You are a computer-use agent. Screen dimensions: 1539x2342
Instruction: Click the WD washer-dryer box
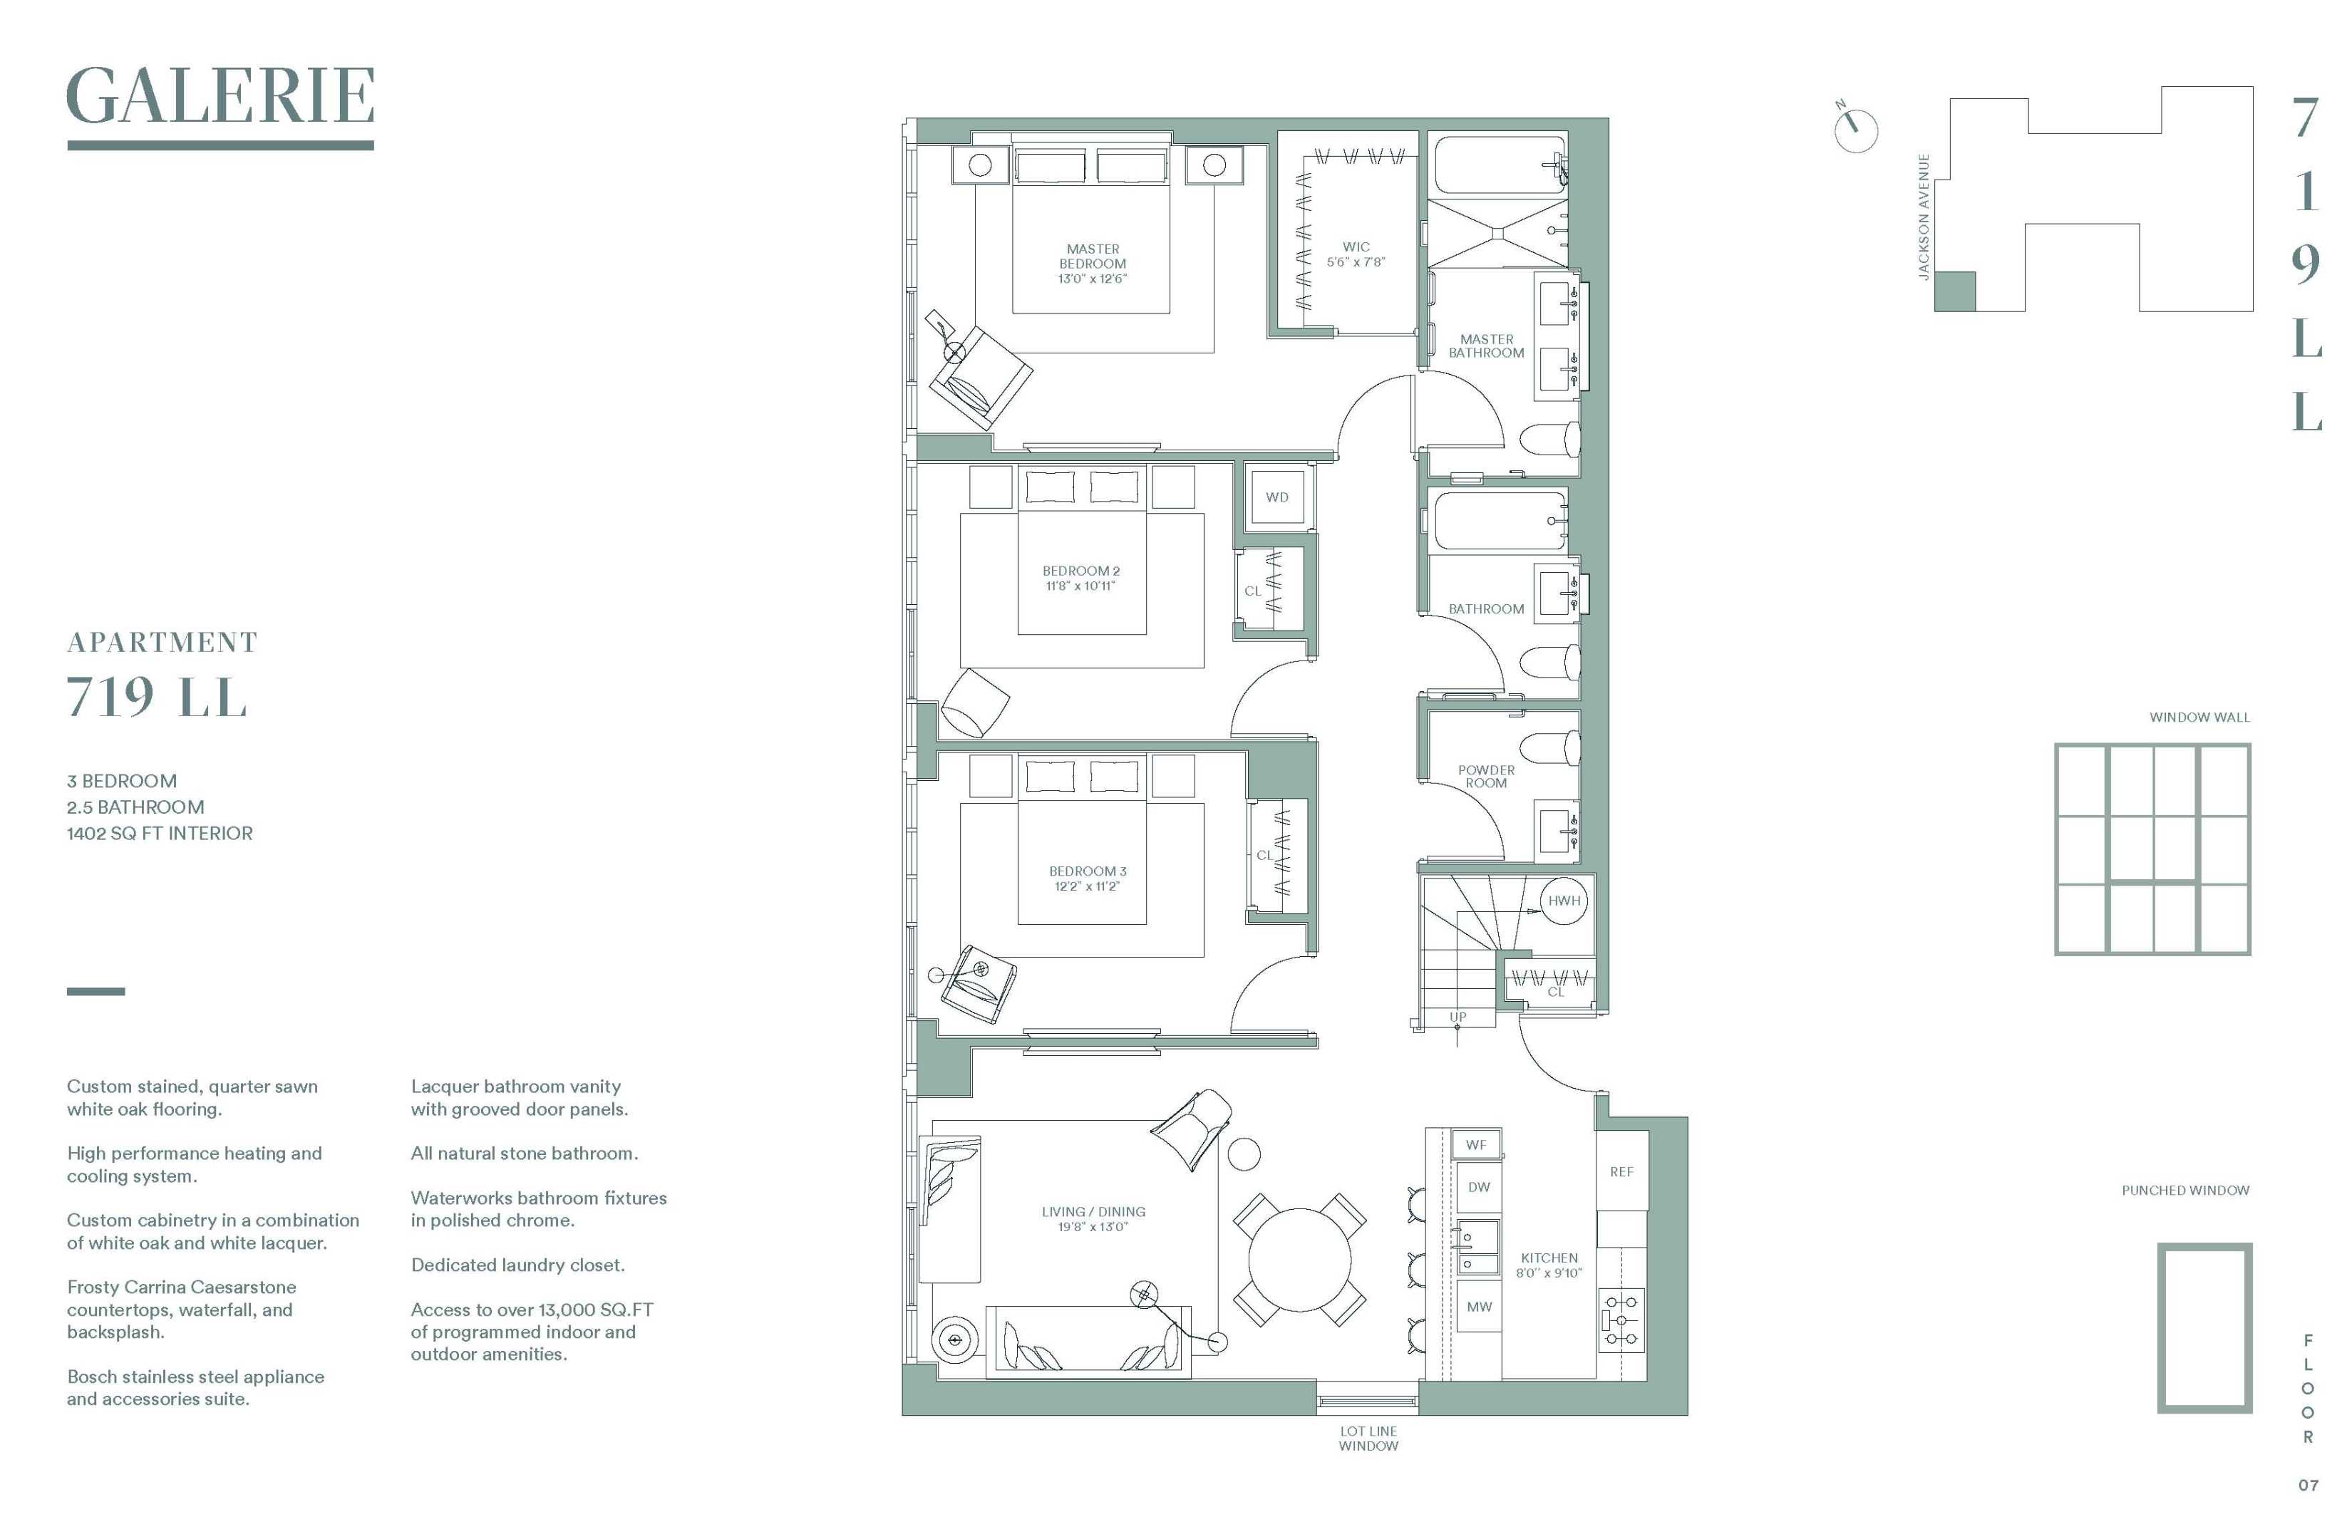click(1276, 497)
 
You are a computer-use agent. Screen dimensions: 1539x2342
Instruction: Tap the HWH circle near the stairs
click(1564, 901)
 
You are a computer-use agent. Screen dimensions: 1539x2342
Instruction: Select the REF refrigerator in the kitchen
click(1621, 1172)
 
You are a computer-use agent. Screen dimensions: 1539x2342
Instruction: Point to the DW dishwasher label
click(1478, 1188)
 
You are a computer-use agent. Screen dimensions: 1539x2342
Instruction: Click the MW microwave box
click(1478, 1307)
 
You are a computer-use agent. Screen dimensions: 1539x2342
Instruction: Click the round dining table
click(1300, 1260)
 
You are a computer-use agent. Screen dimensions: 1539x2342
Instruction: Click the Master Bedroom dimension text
click(1093, 279)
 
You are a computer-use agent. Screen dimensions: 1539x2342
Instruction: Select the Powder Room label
click(1486, 777)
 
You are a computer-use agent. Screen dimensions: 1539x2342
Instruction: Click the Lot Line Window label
click(1368, 1438)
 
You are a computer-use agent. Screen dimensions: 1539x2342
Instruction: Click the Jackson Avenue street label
click(1923, 217)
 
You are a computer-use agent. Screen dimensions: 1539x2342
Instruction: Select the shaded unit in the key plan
click(1954, 292)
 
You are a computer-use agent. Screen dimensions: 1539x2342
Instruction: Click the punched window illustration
click(2204, 1327)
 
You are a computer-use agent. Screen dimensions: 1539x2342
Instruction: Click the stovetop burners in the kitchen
click(1621, 1320)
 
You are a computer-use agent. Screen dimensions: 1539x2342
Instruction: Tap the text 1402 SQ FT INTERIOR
click(160, 834)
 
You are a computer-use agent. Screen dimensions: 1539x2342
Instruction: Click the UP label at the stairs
click(1458, 1017)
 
